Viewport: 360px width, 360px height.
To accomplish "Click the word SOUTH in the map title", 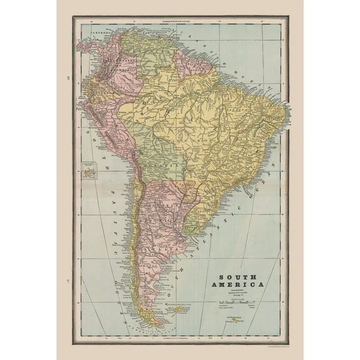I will [x=238, y=276].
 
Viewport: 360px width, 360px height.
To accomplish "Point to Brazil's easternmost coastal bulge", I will [x=284, y=112].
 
